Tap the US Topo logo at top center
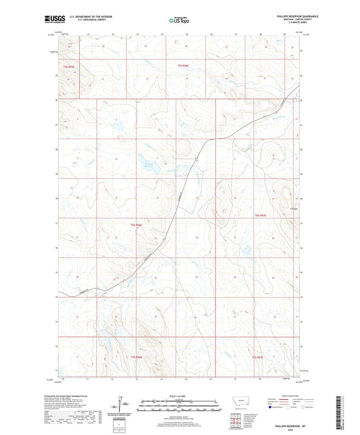[x=179, y=21]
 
